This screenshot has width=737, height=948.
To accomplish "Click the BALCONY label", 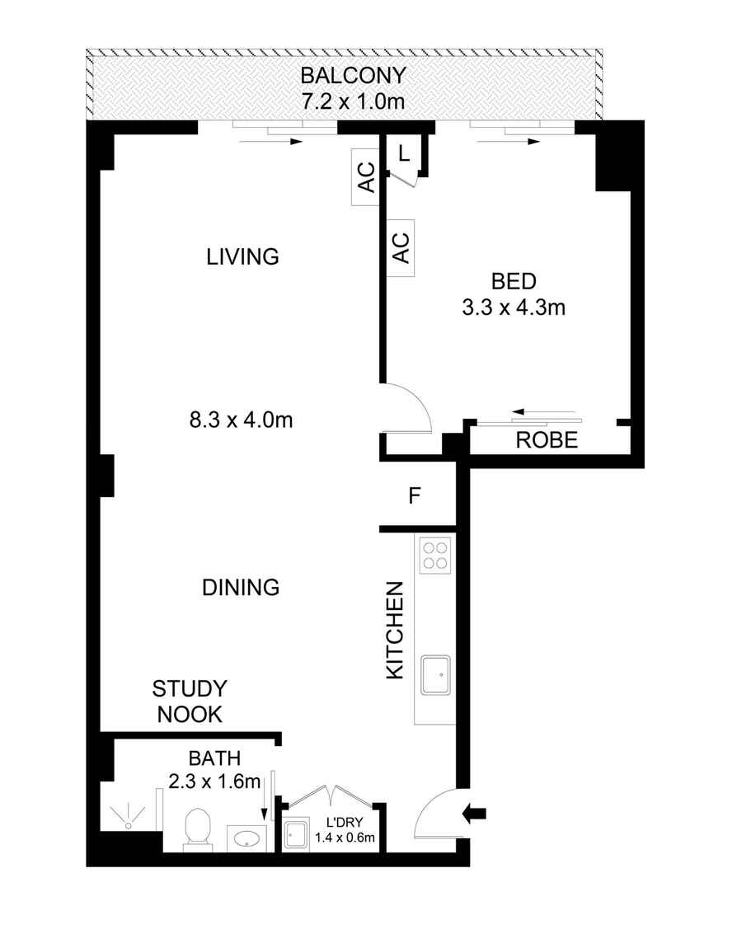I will [353, 76].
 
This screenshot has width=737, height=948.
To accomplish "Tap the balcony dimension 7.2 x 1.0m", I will [353, 102].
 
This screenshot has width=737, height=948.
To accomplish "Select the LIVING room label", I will [242, 256].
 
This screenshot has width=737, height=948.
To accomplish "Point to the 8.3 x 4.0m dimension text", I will [241, 420].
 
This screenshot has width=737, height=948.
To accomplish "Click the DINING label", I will [241, 588].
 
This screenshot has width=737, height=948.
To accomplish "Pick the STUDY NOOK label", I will [190, 702].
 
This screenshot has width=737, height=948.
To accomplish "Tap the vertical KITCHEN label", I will [396, 631].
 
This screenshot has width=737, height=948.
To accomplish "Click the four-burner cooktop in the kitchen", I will [434, 555].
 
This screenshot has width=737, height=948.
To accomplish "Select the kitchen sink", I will [434, 674].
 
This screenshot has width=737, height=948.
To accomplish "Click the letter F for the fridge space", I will [415, 496].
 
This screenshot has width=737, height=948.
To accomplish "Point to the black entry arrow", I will [476, 814].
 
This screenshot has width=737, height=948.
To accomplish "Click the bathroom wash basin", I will [245, 839].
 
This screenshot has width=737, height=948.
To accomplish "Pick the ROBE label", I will [547, 440].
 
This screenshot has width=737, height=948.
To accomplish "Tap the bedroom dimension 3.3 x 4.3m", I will [514, 294].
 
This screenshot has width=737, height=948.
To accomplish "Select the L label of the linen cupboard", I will [403, 153].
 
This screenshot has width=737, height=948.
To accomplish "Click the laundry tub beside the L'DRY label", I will [296, 836].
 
